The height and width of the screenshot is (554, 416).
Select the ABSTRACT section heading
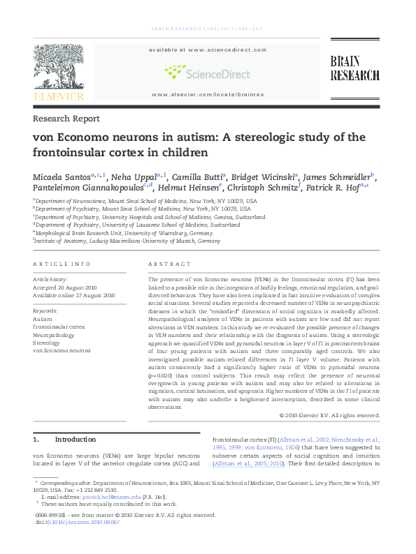pyautogui.click(x=170, y=264)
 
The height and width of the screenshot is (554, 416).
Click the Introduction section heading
pyautogui.click(x=74, y=440)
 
